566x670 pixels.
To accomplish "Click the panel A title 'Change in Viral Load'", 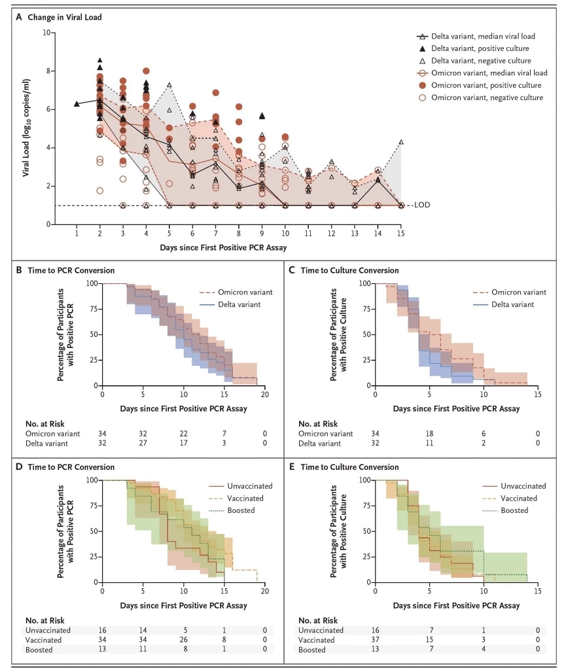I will [65, 18].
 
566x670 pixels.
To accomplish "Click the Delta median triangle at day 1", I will [77, 103].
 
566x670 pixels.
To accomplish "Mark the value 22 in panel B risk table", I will [184, 433].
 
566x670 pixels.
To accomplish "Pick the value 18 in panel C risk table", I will [429, 433].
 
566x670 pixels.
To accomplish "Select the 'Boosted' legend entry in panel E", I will [512, 510].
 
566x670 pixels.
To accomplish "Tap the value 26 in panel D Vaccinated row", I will [184, 639].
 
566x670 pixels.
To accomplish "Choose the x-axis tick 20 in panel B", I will [265, 396].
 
